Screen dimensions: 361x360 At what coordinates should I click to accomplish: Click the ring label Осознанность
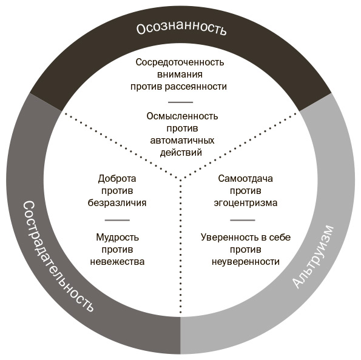click(181, 28)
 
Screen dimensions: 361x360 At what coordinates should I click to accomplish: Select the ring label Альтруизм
click(313, 256)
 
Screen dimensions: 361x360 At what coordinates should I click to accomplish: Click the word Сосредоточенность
click(180, 62)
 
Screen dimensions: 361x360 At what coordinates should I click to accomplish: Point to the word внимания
click(180, 75)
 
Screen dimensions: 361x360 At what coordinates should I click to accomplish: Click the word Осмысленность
click(182, 116)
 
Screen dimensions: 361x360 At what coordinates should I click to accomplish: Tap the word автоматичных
click(182, 141)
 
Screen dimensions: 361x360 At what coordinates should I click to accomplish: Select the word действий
click(181, 153)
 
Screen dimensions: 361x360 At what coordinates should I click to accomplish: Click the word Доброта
click(117, 179)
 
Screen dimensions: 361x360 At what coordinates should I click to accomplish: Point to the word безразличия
click(117, 203)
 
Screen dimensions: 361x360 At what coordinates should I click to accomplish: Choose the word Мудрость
click(118, 238)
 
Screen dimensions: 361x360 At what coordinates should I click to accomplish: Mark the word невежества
click(117, 262)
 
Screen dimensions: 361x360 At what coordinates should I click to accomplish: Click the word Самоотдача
click(246, 179)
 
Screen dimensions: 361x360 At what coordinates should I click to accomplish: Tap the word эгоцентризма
click(246, 203)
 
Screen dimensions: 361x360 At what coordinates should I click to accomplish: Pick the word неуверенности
click(246, 262)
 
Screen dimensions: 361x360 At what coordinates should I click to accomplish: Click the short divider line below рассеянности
click(181, 102)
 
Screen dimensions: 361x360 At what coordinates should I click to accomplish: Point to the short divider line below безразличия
click(117, 220)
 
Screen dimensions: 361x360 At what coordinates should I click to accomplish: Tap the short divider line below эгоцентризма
click(243, 220)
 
